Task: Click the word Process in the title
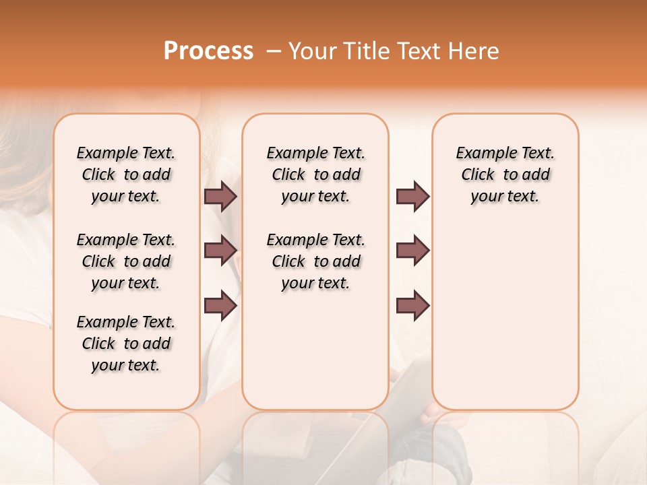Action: tap(208, 51)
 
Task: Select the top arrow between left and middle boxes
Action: tap(220, 196)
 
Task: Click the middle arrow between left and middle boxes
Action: tap(220, 251)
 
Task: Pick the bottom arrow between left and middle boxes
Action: tap(220, 305)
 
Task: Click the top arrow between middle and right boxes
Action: tap(412, 196)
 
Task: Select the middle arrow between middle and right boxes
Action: tap(412, 251)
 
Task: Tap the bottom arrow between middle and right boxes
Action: tap(412, 305)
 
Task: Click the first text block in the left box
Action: tap(126, 174)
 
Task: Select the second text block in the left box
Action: tap(126, 261)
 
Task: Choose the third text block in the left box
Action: tap(126, 344)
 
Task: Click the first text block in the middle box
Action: tap(315, 174)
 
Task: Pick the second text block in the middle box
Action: tap(315, 261)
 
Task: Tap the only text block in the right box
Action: tap(505, 174)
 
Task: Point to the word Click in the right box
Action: tap(478, 175)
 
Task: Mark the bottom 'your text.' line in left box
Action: tap(126, 365)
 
